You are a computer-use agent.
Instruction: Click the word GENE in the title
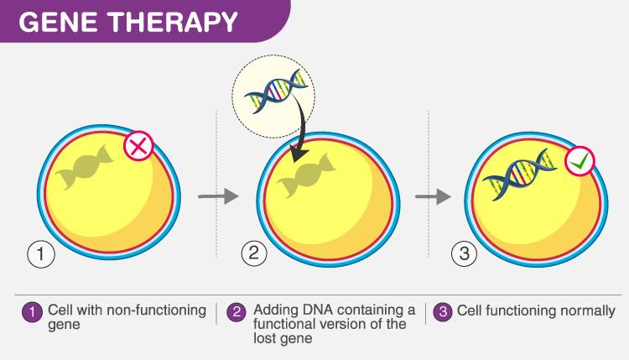(x=57, y=22)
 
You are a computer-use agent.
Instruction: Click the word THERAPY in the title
(x=174, y=22)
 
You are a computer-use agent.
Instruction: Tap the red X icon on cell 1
(x=138, y=146)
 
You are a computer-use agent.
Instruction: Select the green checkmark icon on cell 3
(x=580, y=161)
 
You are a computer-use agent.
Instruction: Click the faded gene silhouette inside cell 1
(x=85, y=166)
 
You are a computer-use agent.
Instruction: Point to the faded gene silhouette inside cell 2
(x=307, y=175)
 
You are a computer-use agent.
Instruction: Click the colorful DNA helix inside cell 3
(x=520, y=175)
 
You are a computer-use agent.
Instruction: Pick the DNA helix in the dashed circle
(x=276, y=91)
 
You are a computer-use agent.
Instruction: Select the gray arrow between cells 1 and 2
(x=218, y=196)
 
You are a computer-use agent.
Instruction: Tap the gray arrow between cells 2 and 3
(x=434, y=196)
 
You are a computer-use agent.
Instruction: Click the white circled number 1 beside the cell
(x=41, y=254)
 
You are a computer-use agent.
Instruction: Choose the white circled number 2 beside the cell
(x=254, y=253)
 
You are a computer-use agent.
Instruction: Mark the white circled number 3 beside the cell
(x=464, y=253)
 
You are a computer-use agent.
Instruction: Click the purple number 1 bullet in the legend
(x=32, y=312)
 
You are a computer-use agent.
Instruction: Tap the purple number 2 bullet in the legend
(x=237, y=312)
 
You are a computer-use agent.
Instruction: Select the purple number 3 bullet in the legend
(x=444, y=312)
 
